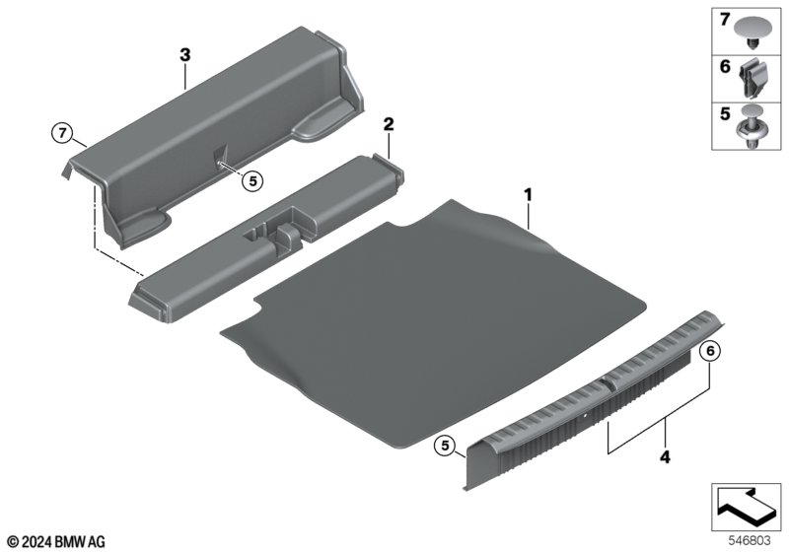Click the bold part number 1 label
pos(528,194)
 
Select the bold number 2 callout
pos(389,124)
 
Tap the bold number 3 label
pos(185,55)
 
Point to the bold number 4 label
pos(665,457)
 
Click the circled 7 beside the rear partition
pos(62,133)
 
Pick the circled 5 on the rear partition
pos(252,180)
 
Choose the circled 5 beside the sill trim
pos(446,445)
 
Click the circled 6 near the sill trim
pos(710,352)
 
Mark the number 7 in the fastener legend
pos(725,20)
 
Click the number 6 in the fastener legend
pos(725,66)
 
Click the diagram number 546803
pos(750,540)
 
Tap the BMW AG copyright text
pos(56,542)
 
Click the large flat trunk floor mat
pos(433,321)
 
